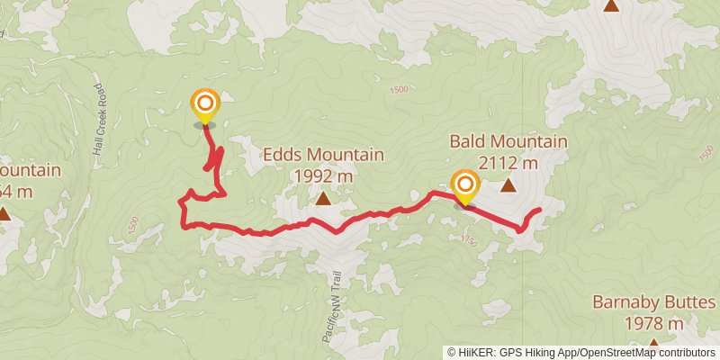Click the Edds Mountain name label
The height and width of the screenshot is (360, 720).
click(323, 155)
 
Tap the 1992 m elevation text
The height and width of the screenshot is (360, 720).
click(323, 175)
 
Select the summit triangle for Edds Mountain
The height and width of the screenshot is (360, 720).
click(323, 197)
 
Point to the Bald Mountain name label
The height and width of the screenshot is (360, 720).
click(508, 141)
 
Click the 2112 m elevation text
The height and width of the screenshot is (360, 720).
click(508, 163)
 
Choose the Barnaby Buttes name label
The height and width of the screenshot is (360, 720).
click(654, 302)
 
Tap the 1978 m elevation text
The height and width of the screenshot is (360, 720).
click(654, 323)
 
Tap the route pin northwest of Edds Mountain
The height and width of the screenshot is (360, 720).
click(205, 105)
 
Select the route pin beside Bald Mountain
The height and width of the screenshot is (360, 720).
click(465, 187)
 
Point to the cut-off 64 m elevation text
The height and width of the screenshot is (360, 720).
click(17, 191)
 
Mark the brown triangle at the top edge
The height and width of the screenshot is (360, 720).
click(611, 5)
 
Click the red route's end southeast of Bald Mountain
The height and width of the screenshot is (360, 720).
click(539, 211)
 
